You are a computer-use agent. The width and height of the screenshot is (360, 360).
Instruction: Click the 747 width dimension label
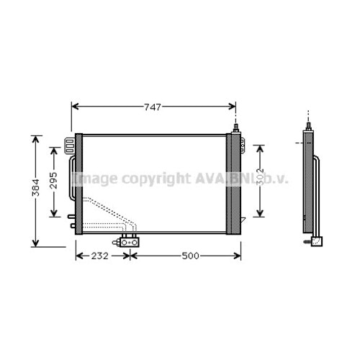(152, 107)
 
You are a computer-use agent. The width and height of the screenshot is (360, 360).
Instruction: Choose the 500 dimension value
(189, 256)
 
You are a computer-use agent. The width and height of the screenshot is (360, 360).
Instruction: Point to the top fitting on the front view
(235, 127)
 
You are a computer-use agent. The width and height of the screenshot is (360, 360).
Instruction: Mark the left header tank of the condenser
(78, 183)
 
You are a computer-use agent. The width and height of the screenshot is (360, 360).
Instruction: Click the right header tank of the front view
(234, 183)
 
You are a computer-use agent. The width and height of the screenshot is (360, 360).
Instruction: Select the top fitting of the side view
(308, 127)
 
